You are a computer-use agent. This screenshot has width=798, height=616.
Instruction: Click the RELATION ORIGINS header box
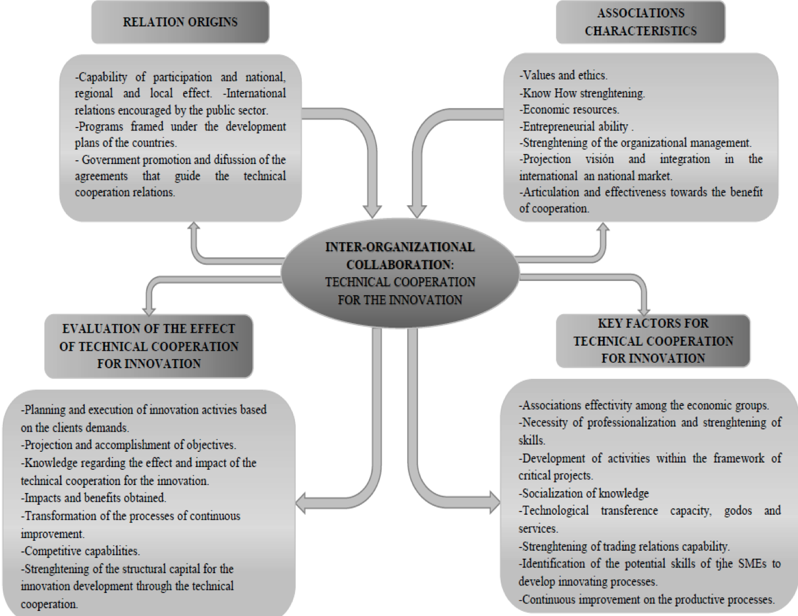180,22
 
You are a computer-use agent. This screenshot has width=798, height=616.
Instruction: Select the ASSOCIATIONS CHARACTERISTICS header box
641,22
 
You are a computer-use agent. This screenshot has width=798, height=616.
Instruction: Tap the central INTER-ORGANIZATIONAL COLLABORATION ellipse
400,273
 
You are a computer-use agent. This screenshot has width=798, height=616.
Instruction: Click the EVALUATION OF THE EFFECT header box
149,346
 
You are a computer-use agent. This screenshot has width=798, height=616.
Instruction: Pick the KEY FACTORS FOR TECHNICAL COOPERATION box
653,341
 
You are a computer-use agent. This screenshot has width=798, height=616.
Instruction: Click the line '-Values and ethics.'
563,75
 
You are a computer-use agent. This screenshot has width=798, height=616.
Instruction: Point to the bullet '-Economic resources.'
569,110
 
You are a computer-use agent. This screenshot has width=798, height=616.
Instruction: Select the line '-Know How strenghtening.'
582,93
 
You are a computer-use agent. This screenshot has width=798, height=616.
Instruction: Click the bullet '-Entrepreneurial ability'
574,126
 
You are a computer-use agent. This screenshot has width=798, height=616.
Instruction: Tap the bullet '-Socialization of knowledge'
584,493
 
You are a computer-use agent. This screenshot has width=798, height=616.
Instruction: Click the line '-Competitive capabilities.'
80,551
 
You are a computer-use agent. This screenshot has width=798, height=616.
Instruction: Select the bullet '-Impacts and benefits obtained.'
94,498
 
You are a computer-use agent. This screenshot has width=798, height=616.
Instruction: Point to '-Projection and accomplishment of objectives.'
129,445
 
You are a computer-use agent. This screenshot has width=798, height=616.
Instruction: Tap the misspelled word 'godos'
738,511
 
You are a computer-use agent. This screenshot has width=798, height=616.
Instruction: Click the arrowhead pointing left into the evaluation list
301,502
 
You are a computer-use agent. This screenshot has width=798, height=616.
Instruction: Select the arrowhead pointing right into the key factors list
495,502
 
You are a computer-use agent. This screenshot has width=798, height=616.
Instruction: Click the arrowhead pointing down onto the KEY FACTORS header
644,311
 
